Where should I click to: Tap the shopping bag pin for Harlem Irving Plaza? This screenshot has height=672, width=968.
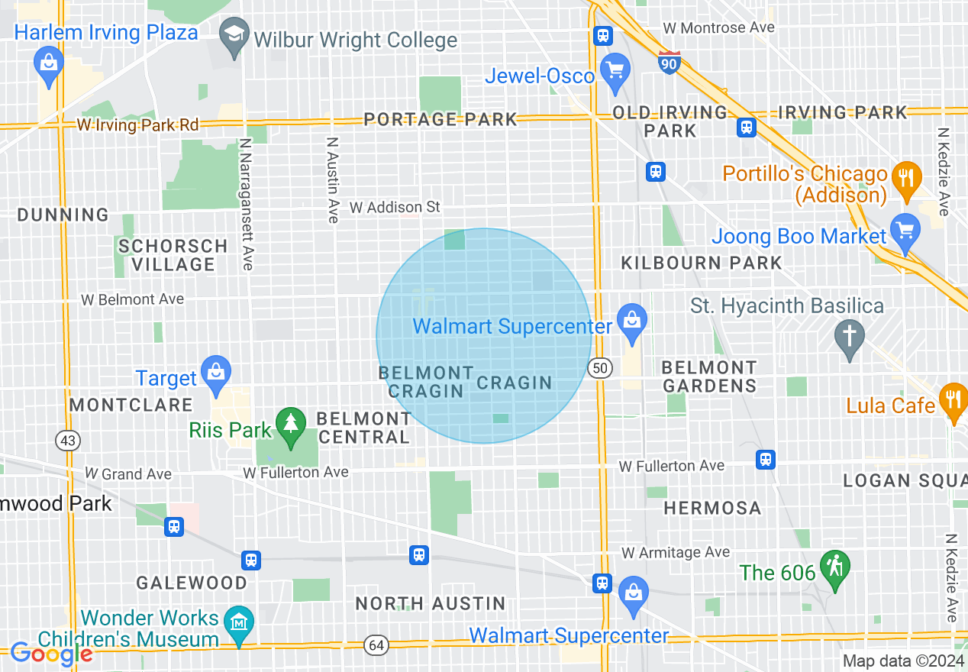48,63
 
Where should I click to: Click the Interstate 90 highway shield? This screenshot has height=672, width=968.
669,63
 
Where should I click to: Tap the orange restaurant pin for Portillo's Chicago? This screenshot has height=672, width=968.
905,178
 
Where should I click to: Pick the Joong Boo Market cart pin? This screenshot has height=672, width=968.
905,231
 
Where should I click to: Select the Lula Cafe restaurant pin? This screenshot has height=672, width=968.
952,399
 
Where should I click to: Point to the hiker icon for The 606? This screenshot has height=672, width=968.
834,567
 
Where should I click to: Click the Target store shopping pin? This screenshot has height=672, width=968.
216,373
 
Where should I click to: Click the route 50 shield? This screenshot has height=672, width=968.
601,369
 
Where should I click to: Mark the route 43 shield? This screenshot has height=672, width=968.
66,440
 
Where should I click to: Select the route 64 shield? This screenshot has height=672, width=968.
376,645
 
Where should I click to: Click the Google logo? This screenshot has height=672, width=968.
51,654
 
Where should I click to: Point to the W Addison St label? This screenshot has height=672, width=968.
395,207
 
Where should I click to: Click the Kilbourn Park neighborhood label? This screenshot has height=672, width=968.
702,263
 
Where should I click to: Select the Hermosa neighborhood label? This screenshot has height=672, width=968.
712,508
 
